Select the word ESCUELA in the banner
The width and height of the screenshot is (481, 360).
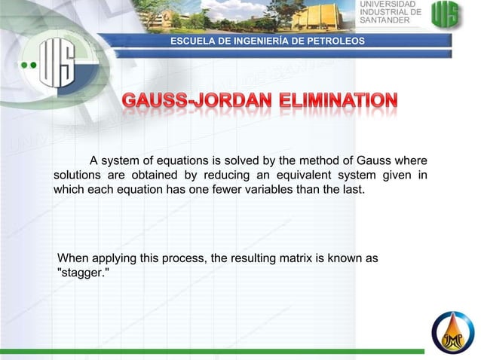point(191,39)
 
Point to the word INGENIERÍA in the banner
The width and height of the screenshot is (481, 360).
point(256,39)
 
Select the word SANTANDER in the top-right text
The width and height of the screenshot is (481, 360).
point(384,20)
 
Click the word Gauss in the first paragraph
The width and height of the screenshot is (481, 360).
point(376,161)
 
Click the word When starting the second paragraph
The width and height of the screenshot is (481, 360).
point(74,258)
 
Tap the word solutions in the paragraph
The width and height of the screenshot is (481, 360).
point(78,175)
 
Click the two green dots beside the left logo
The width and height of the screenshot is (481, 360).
point(28,66)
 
